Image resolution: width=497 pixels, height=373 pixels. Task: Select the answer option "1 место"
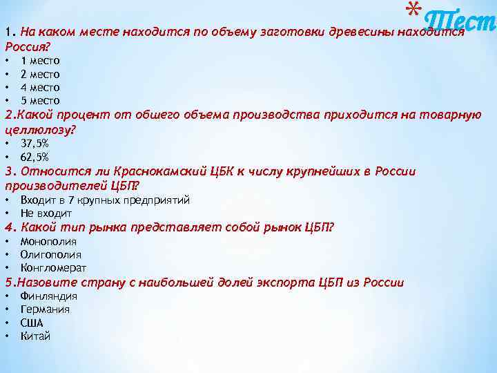pos(40,61)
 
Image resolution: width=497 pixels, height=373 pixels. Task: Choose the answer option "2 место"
pos(40,74)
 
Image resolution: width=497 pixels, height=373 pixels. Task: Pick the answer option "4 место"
pos(40,88)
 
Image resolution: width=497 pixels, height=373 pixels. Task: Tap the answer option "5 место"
pos(40,101)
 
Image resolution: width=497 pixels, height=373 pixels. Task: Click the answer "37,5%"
pos(35,144)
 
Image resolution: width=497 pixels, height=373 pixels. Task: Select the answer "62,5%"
pos(35,157)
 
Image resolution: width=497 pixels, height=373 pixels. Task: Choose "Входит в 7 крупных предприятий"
pos(105,200)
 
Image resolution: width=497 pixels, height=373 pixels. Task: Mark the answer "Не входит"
pos(46,213)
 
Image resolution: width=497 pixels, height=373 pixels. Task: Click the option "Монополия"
pos(48,242)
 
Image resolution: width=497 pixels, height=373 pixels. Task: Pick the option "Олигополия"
pos(50,255)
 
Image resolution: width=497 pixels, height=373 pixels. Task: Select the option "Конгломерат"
pos(53,268)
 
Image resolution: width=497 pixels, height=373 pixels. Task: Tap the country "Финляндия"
pos(48,296)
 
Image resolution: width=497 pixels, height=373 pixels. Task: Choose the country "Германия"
pos(45,309)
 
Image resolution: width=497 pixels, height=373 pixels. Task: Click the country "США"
pos(32,323)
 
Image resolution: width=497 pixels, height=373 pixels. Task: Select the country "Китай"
pos(35,336)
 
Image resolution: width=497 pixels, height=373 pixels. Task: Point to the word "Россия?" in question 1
pos(28,46)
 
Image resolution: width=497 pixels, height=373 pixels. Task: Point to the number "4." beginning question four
pos(10,227)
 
